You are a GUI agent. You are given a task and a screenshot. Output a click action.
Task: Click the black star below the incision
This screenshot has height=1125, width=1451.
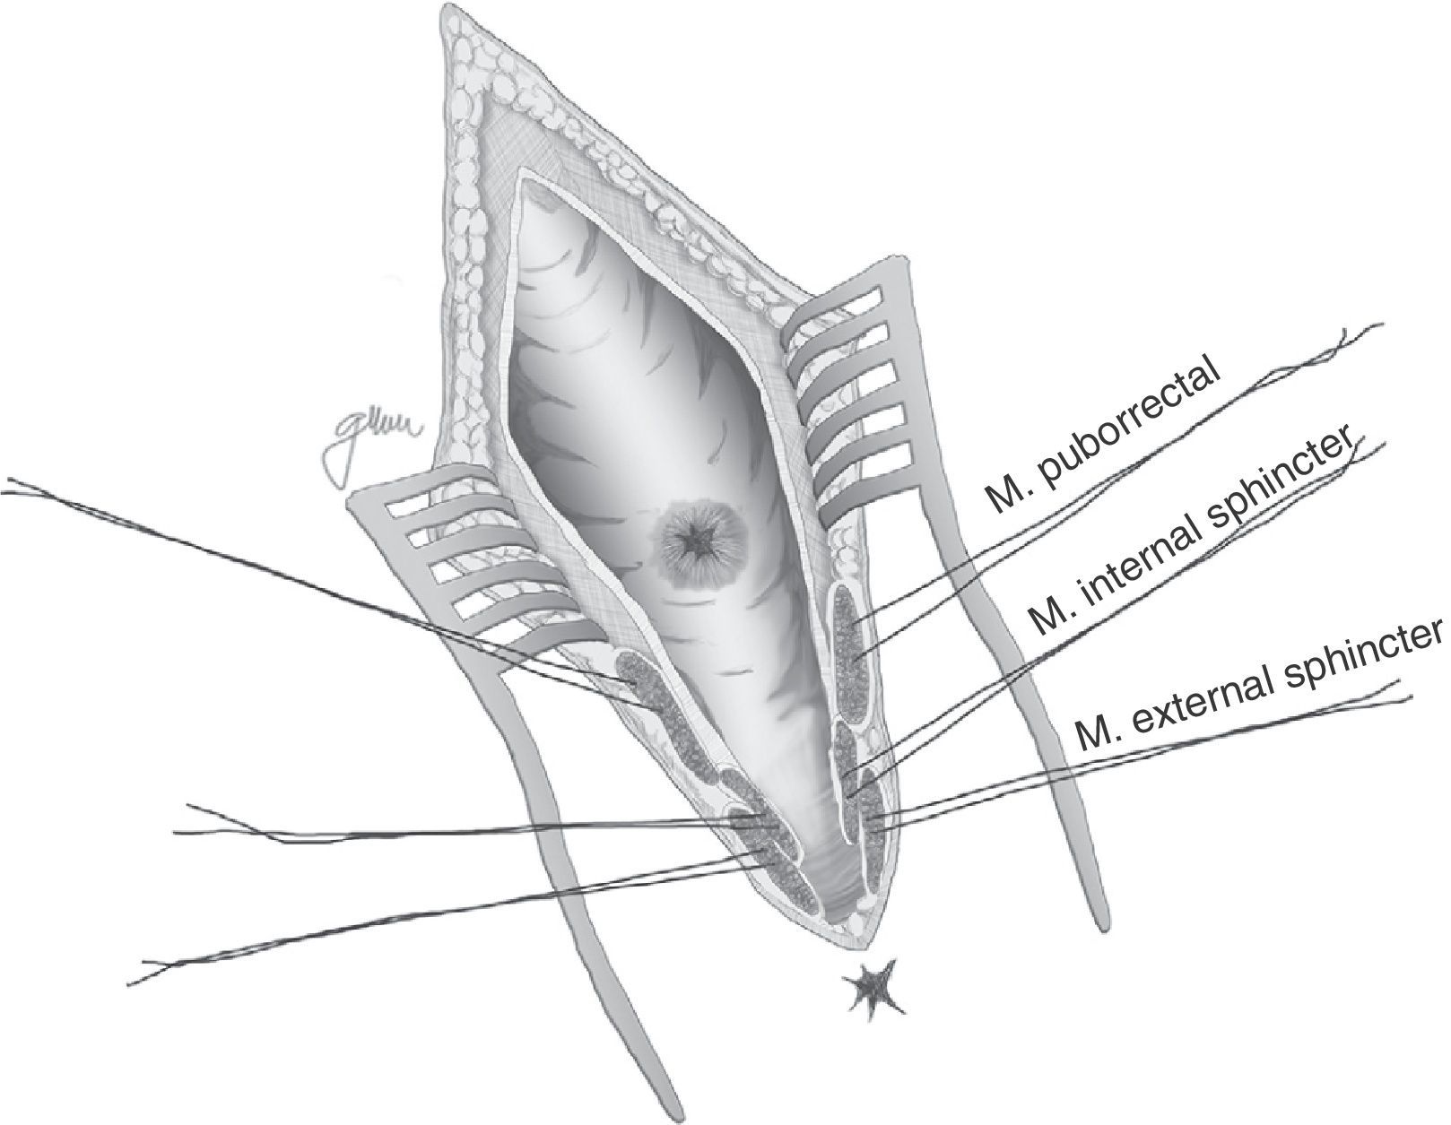click(869, 987)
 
